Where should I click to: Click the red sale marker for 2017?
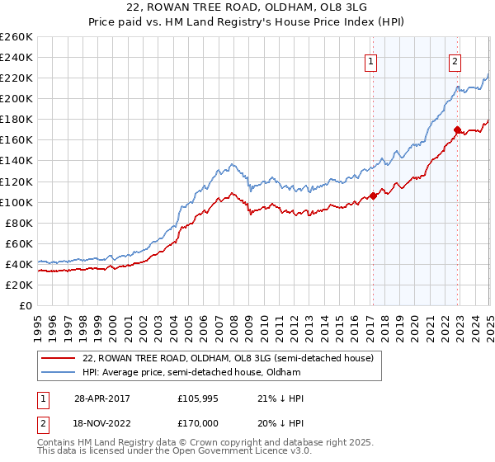point(373,196)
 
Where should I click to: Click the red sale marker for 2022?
point(457,130)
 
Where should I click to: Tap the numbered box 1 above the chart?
point(370,61)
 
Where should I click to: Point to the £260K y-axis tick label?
point(16,37)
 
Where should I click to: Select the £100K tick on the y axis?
point(16,202)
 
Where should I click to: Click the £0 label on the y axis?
point(26,305)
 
